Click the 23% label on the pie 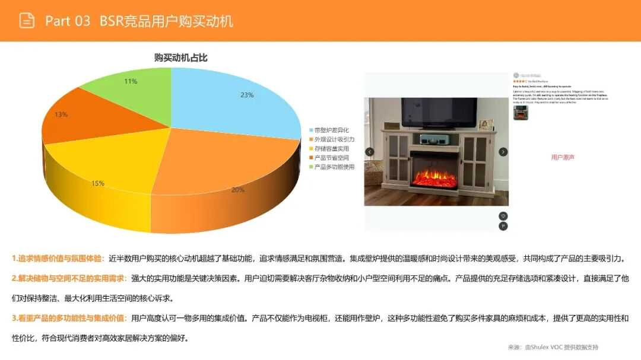[x=247, y=95]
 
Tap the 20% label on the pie [x=237, y=190]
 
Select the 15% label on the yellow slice [x=98, y=183]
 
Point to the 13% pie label [x=61, y=114]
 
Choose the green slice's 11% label [x=131, y=81]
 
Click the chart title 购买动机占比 [x=180, y=58]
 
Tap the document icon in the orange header [x=27, y=21]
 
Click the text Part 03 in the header [x=68, y=21]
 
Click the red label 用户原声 [x=563, y=157]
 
